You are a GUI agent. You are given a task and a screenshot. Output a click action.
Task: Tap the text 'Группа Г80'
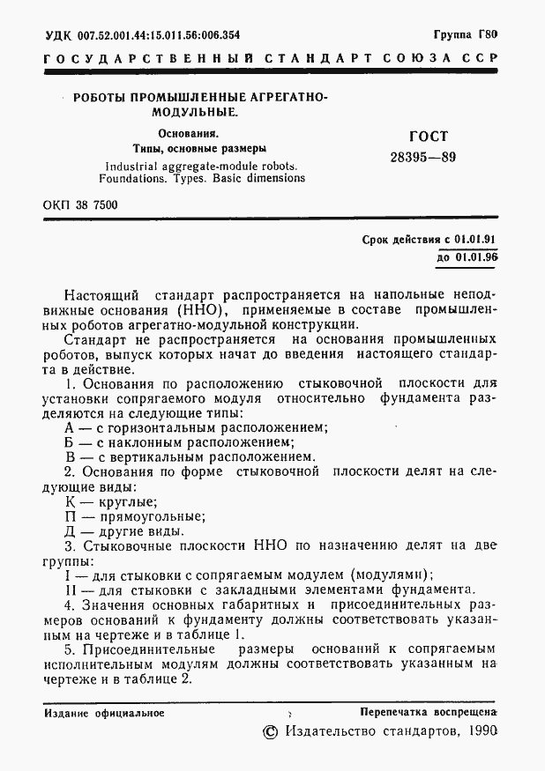(x=466, y=36)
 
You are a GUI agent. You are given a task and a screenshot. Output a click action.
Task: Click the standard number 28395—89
(x=423, y=158)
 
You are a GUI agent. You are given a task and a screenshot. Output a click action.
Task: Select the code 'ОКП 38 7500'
(x=79, y=205)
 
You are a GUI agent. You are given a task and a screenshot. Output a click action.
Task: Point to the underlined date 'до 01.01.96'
(x=467, y=258)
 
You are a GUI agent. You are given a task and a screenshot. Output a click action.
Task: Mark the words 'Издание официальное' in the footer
(x=98, y=710)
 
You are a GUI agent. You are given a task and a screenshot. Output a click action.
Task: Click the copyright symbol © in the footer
(x=272, y=733)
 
